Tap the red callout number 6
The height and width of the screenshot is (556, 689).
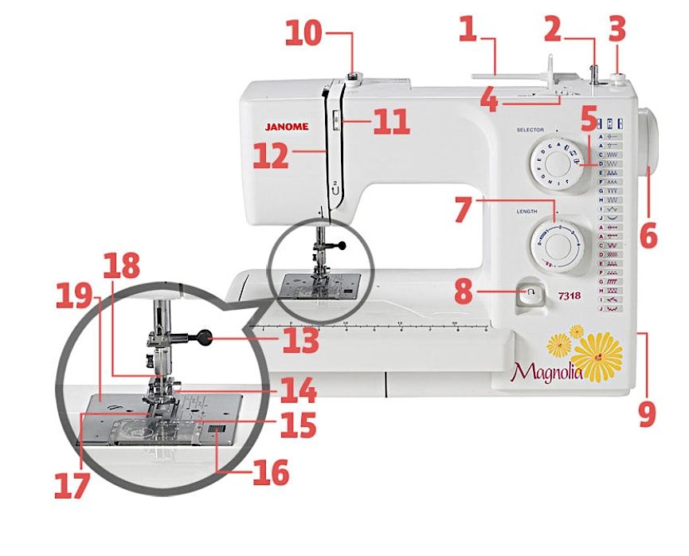tap(648, 236)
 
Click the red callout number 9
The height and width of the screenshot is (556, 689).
tap(647, 413)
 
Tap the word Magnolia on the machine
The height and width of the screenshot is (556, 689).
tap(546, 370)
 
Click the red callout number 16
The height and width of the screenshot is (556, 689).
tap(268, 472)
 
